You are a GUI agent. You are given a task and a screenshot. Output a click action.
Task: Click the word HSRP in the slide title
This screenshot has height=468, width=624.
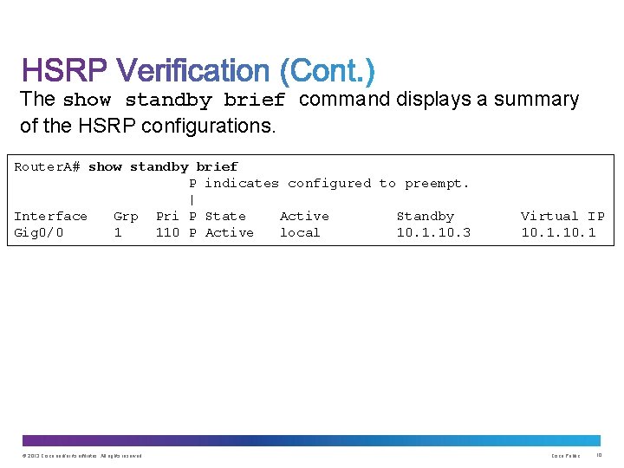(x=64, y=71)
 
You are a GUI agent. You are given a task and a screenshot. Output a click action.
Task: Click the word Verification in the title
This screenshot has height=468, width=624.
(x=193, y=71)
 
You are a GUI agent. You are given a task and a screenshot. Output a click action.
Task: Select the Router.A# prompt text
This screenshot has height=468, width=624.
(x=47, y=166)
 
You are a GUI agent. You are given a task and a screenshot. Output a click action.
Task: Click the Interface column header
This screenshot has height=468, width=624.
(x=50, y=216)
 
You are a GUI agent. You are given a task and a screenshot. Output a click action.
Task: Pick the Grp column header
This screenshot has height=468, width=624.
(x=126, y=216)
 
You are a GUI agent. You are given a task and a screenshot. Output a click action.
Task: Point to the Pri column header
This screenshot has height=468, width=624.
(x=167, y=216)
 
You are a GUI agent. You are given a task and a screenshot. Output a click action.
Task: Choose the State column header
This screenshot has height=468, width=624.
(x=225, y=216)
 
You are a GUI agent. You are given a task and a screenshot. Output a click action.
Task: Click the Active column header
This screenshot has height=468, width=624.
(x=304, y=216)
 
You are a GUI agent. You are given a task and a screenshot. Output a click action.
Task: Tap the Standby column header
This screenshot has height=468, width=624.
(x=425, y=216)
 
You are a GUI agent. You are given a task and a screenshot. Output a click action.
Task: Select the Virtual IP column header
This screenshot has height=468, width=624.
(x=562, y=216)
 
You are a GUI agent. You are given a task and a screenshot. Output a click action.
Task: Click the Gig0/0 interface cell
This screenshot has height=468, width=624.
(x=38, y=232)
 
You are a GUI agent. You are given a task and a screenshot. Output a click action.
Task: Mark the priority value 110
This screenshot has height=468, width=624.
(x=167, y=232)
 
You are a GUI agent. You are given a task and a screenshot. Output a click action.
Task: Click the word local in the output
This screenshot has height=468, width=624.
(x=300, y=232)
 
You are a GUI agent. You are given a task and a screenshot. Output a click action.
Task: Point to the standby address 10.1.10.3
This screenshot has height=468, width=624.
(x=433, y=232)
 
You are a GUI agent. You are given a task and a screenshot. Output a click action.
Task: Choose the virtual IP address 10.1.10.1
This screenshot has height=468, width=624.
(x=558, y=232)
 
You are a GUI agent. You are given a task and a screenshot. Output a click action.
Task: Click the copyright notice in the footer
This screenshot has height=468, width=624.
(x=82, y=456)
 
